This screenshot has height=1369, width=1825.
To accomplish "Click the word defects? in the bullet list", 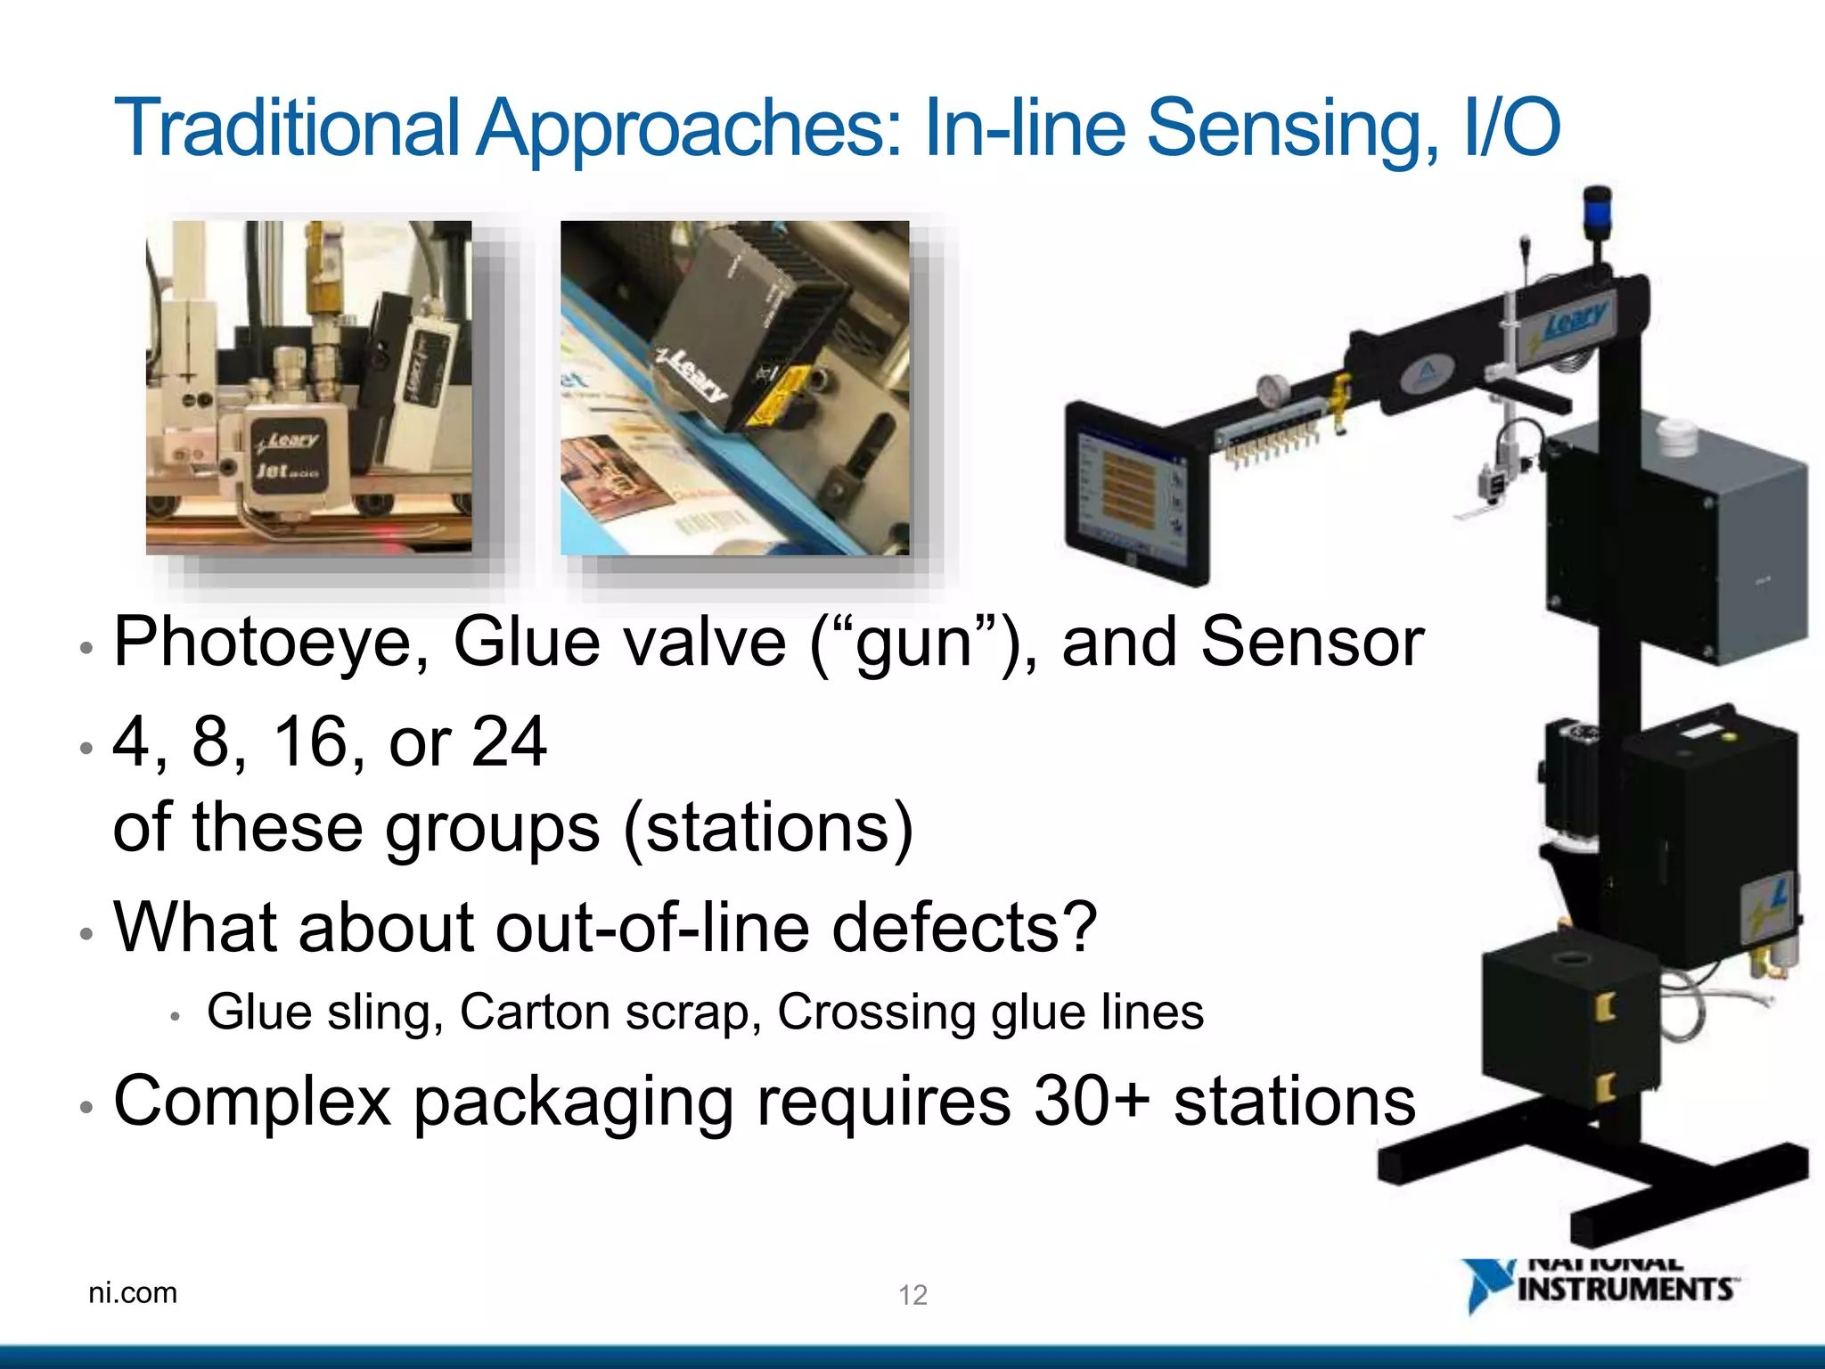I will click(x=964, y=927).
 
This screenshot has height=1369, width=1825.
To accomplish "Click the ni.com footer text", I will click(x=133, y=1292).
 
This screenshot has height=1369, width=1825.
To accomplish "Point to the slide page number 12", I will click(x=912, y=1295).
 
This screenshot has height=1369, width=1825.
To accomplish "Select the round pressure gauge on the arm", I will click(x=1273, y=389).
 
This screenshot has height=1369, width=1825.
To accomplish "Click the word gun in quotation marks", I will click(x=914, y=643).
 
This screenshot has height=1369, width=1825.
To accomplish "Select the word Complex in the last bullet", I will click(x=252, y=1102).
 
